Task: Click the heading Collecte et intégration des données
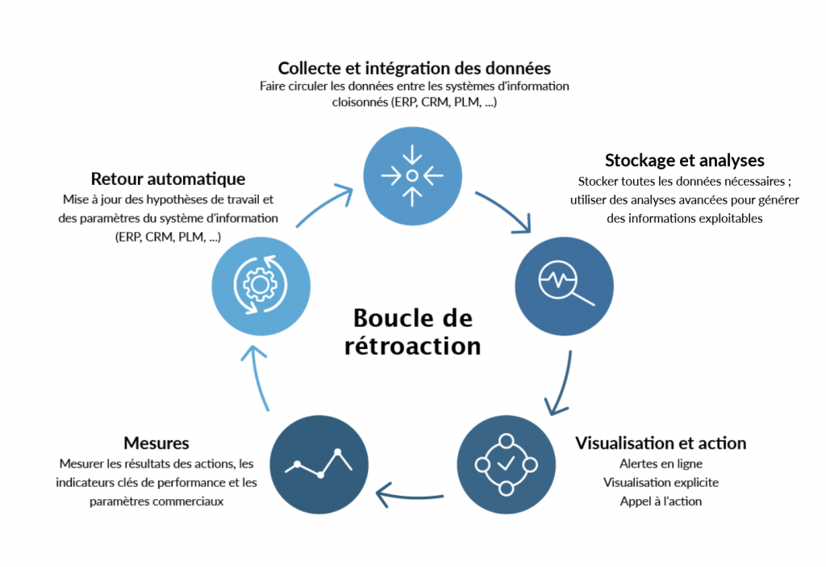click(415, 67)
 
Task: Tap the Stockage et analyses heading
click(684, 160)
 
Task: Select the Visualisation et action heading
click(660, 443)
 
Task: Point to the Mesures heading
click(156, 443)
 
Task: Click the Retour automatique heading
click(168, 178)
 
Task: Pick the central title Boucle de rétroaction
click(413, 331)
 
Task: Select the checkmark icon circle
click(506, 464)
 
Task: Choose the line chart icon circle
click(319, 464)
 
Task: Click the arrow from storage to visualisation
click(561, 384)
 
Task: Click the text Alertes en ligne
click(661, 464)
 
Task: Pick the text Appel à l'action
click(661, 501)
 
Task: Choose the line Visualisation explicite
click(661, 482)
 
